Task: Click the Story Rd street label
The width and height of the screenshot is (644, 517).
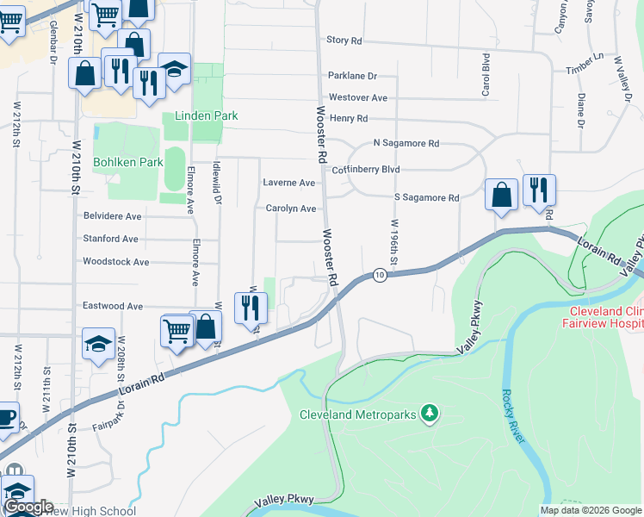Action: (344, 40)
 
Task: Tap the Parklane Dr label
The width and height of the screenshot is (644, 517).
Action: (353, 76)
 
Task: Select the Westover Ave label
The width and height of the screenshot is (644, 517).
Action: (358, 97)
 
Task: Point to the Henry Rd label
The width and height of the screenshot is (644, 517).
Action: (349, 118)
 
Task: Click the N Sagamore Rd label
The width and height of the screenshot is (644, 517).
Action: (406, 143)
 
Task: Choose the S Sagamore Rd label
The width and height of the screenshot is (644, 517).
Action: (426, 197)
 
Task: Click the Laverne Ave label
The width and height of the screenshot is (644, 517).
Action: (288, 183)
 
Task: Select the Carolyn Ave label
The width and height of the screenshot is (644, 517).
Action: (290, 209)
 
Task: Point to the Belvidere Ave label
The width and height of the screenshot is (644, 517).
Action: (112, 216)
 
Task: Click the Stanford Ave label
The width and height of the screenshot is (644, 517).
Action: (110, 239)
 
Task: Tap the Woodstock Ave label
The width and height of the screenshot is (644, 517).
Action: (115, 261)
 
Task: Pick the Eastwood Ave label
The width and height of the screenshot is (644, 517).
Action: (112, 306)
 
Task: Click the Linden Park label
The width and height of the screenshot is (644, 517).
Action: (207, 115)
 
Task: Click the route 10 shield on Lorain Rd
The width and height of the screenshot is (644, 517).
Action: (380, 275)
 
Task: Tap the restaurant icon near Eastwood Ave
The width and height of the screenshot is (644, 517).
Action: (251, 308)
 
